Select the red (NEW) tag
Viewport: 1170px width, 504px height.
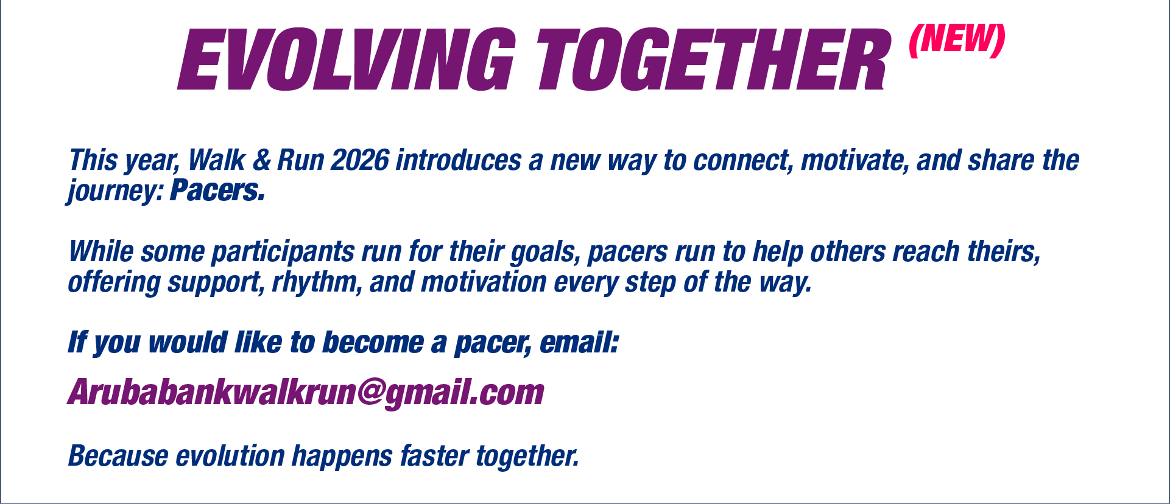(x=956, y=41)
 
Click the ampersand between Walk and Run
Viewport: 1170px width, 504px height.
(x=261, y=160)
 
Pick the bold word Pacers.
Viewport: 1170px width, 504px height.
(x=217, y=191)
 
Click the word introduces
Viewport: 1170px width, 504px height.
(x=459, y=160)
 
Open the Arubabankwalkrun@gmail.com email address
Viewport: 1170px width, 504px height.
(x=306, y=393)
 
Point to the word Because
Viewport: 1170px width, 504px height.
(x=118, y=456)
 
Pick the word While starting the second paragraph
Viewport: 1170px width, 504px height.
(x=100, y=251)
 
